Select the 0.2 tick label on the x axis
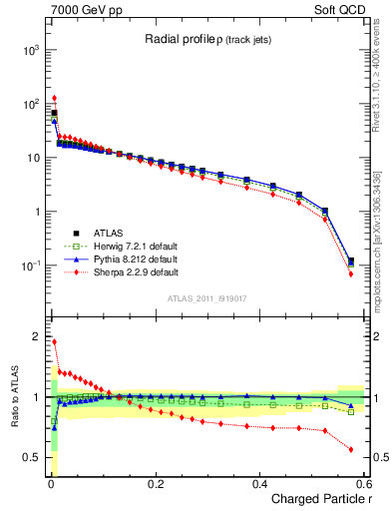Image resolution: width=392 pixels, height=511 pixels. pos(155,483)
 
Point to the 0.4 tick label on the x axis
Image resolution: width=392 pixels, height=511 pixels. pos(259,483)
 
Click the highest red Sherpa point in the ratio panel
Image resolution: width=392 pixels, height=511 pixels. pos(54,341)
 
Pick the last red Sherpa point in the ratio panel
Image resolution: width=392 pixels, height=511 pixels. pos(351,449)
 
